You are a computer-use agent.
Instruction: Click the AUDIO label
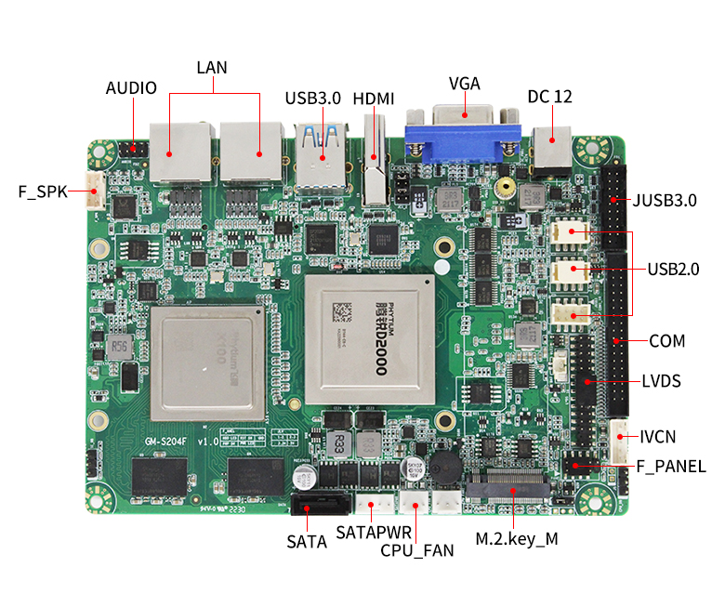(x=131, y=88)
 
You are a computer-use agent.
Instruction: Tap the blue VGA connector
(x=462, y=138)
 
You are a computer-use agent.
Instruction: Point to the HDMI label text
(x=374, y=98)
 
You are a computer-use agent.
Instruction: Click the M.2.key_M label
(x=516, y=538)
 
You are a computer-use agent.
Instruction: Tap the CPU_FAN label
(x=417, y=550)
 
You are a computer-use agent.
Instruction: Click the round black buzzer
(x=443, y=470)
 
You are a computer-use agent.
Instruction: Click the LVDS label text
(x=661, y=381)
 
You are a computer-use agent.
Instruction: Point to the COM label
(x=666, y=341)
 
